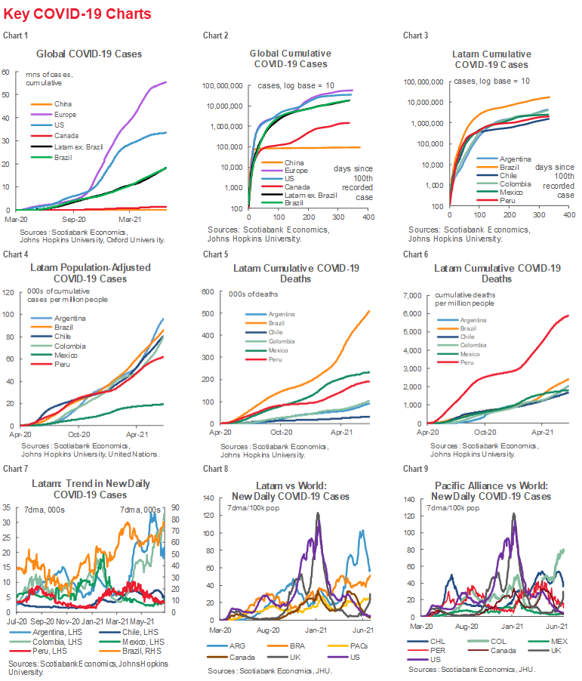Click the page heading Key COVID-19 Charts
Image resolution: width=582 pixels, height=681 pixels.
tap(77, 14)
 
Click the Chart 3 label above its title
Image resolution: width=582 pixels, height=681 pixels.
tap(416, 35)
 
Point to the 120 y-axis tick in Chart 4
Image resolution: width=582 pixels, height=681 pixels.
tap(9, 291)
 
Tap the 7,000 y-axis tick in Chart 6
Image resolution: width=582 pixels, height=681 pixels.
tap(414, 291)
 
